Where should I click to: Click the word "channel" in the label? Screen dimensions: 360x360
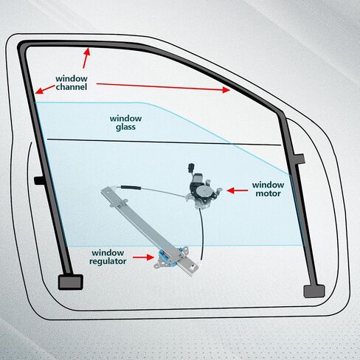[72, 87]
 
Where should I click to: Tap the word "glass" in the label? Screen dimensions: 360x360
[125, 127]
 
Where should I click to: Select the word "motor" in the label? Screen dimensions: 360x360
[268, 193]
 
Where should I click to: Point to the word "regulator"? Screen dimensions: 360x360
[108, 261]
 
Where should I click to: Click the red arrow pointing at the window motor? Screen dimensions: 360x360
[238, 190]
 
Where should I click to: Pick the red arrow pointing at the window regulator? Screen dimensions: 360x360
[144, 257]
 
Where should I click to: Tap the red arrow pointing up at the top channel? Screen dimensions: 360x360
[86, 58]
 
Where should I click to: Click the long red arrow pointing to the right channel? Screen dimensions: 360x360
[163, 87]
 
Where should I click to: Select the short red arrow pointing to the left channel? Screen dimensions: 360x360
[45, 89]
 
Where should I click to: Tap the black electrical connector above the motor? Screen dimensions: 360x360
[191, 168]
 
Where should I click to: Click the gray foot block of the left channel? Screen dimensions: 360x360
[71, 282]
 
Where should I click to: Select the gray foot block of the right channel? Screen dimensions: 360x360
[314, 291]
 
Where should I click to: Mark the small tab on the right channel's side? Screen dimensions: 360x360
[300, 159]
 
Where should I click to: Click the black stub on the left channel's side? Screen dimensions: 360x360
[38, 180]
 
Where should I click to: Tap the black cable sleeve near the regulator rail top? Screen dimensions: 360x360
[131, 188]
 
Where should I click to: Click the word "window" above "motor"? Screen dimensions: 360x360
[268, 185]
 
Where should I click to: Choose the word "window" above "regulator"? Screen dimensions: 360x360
[108, 253]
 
